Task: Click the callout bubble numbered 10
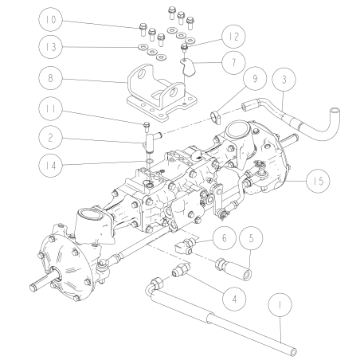click(49, 18)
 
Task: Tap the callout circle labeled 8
click(49, 80)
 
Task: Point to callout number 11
click(49, 110)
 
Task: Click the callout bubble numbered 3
click(284, 80)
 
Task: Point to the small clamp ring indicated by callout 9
click(215, 119)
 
